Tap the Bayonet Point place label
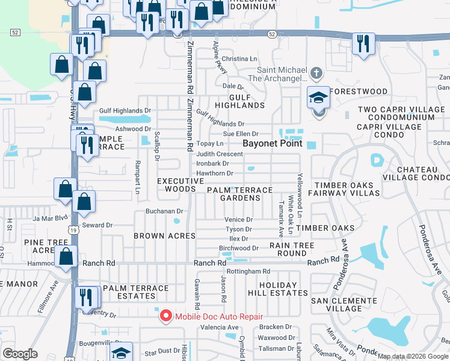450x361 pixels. pyautogui.click(x=272, y=144)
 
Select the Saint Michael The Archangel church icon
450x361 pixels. pyautogui.click(x=317, y=74)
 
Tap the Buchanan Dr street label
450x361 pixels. pyautogui.click(x=164, y=211)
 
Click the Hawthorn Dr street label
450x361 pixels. pyautogui.click(x=214, y=173)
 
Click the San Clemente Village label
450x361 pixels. pyautogui.click(x=344, y=304)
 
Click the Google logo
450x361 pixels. pyautogui.click(x=20, y=354)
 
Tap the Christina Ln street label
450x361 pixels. pyautogui.click(x=239, y=59)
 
